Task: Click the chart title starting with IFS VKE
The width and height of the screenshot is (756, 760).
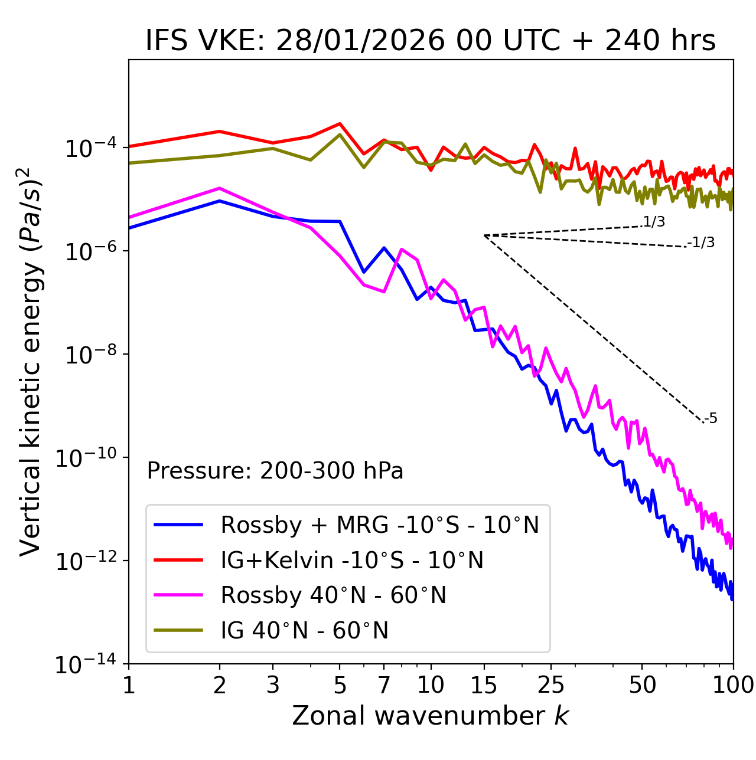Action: point(431,41)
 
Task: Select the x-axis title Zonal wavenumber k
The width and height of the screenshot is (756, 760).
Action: point(430,716)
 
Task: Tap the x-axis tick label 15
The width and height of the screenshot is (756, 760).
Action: point(484,686)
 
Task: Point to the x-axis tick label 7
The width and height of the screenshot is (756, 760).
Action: point(384,686)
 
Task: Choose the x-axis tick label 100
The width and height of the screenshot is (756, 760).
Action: point(733,686)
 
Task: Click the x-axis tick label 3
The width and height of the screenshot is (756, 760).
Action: point(273,686)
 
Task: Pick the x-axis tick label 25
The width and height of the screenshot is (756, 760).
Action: point(551,686)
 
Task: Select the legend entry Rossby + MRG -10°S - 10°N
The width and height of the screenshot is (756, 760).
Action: point(380,525)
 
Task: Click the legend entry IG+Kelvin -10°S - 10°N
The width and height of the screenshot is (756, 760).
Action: point(352,560)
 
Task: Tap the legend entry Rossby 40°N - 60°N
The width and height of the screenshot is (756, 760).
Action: point(333,595)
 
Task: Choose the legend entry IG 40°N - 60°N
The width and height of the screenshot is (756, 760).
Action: point(305,631)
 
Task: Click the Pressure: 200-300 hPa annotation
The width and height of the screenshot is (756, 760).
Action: point(275,471)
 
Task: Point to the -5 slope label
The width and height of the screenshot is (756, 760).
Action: point(711,419)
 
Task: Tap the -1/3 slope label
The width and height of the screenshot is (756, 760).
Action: point(701,243)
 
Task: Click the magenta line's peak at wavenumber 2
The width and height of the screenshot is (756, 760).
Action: point(220,188)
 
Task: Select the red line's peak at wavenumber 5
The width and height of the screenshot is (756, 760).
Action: point(340,123)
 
